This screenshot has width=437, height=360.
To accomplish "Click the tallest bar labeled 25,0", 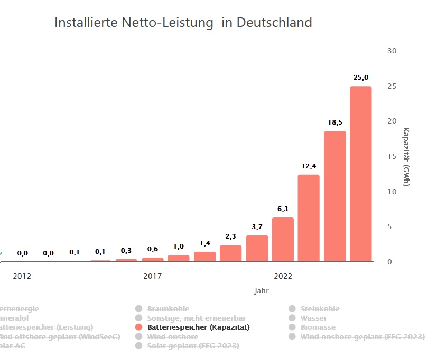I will coord(360,174).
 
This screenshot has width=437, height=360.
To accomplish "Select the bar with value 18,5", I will coord(334,196).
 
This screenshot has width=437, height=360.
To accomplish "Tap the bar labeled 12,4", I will coord(309,217).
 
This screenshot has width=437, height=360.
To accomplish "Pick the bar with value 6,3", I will coord(283,239).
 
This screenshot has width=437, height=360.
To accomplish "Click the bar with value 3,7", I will coord(257,248).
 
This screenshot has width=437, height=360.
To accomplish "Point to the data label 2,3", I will coord(231,236).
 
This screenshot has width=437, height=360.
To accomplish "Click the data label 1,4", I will coord(205,243).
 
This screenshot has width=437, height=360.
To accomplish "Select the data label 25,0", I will coord(361,78).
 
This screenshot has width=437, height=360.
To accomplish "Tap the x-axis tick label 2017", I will coord(153,276).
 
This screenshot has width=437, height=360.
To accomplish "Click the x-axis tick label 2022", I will coord(283,276).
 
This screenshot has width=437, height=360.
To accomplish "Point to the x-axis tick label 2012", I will coord(22,276).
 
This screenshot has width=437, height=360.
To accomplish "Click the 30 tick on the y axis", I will coord(392,51).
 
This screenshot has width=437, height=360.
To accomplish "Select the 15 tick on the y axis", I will coord(392,156).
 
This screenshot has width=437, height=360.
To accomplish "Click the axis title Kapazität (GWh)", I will coord(406,157).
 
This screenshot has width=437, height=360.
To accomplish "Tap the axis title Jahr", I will coord(261,291).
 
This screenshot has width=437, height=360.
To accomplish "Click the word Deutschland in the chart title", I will coord(274,23).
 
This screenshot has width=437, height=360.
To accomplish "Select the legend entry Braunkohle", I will coord(168,309).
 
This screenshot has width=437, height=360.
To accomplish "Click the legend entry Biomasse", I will coord(318,327).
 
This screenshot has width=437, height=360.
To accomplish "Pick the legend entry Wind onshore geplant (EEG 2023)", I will coord(362,336).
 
